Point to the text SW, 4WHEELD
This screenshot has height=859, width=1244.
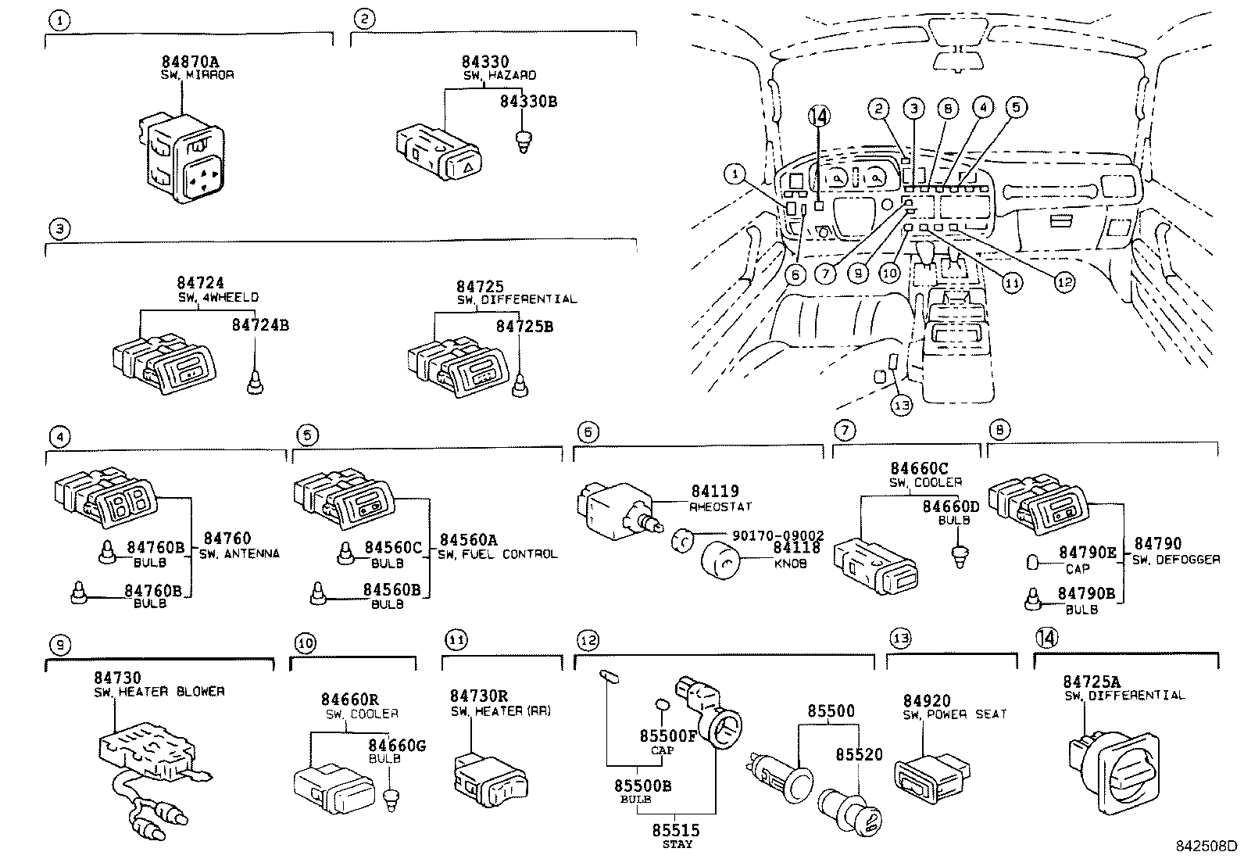point(218,298)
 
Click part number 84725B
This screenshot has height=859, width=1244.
point(524,326)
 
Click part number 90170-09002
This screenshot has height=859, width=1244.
point(777,535)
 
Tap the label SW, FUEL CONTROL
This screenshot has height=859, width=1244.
point(498,554)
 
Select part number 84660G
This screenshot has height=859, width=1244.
point(397,746)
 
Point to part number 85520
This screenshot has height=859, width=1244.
point(859,754)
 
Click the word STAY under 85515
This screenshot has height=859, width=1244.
point(677,844)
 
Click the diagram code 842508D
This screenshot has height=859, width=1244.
point(1208,846)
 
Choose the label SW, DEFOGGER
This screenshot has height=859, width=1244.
point(1177,560)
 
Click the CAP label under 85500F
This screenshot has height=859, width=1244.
point(662,750)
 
